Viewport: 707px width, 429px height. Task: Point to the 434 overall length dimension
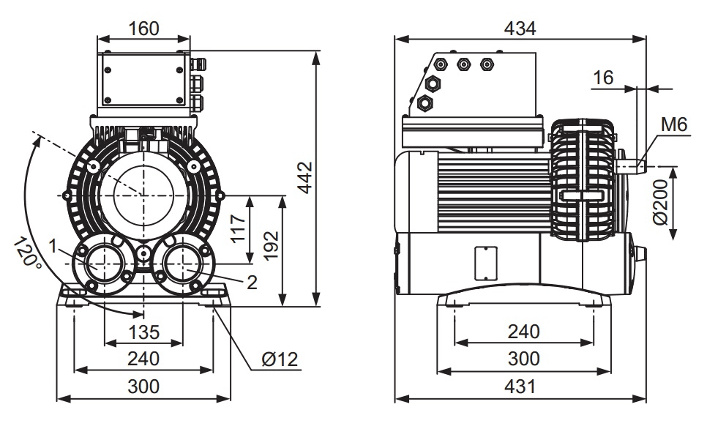pyautogui.click(x=520, y=28)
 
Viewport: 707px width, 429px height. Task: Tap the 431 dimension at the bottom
pyautogui.click(x=520, y=387)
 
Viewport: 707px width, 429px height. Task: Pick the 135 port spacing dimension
pyautogui.click(x=144, y=332)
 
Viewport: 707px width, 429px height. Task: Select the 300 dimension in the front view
pyautogui.click(x=144, y=387)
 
